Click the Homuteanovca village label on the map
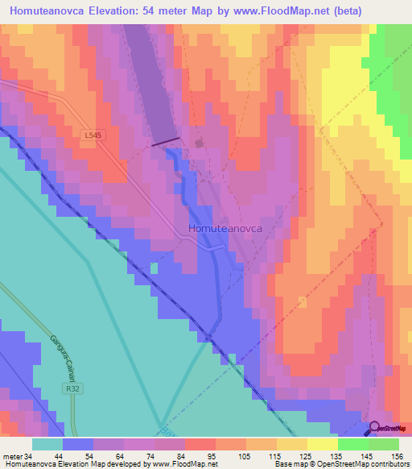point(226,228)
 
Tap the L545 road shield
point(93,136)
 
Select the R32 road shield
point(73,388)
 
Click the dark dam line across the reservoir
point(166,143)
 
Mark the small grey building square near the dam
point(199,143)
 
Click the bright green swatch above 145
point(352,443)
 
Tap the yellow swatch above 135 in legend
point(322,443)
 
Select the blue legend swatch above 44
point(78,443)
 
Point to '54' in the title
point(155,11)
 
